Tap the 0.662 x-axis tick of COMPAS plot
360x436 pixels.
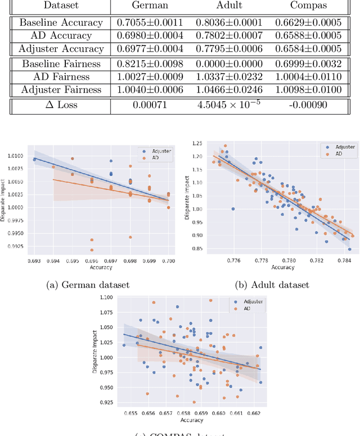[254, 414]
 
